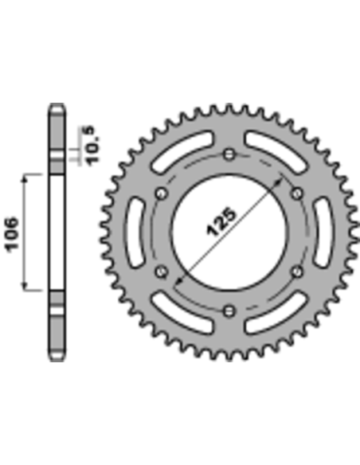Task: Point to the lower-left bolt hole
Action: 162,272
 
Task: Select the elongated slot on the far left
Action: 133,232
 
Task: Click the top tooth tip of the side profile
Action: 56,106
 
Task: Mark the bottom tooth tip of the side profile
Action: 56,358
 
